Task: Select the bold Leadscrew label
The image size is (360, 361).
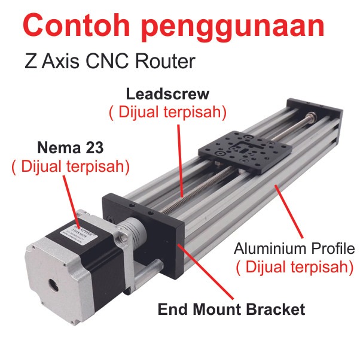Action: tap(167, 94)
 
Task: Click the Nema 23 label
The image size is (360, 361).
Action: tap(70, 147)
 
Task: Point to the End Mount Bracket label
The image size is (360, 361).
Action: tap(231, 310)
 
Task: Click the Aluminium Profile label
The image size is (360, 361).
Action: tap(294, 248)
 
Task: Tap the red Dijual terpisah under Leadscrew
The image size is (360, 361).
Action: tap(167, 112)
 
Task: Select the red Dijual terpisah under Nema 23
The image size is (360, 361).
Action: tap(71, 166)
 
